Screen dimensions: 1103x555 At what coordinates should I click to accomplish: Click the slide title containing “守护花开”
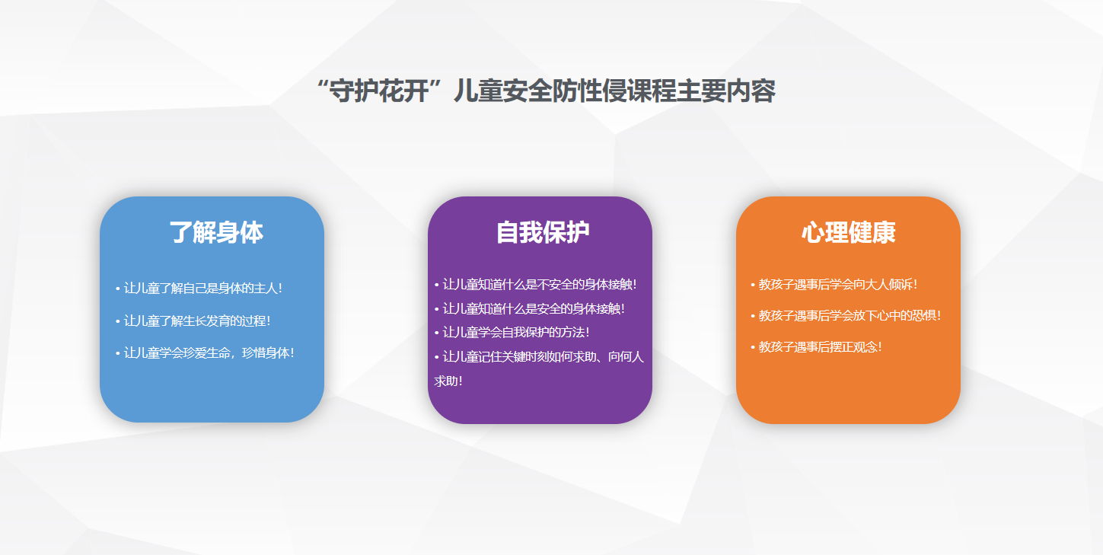tap(546, 91)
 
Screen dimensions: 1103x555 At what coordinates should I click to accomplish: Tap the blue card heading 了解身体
tap(216, 232)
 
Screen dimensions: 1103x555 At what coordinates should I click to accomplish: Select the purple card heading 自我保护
tap(543, 232)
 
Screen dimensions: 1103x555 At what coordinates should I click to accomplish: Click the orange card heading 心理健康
tap(849, 232)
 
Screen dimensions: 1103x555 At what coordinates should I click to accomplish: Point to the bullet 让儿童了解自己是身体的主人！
tap(199, 288)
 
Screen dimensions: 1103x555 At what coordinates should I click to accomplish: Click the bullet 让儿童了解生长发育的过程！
tap(193, 321)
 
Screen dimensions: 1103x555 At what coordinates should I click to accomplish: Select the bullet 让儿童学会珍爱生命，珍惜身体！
tap(205, 353)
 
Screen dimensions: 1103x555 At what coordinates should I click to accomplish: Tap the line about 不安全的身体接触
tap(536, 284)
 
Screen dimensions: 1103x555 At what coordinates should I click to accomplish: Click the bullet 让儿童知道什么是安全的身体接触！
tap(530, 309)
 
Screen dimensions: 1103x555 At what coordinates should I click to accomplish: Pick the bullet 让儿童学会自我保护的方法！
tap(512, 333)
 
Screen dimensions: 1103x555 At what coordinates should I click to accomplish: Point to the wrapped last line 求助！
tap(448, 381)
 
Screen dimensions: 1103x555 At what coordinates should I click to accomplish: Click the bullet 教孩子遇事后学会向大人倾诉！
tap(834, 284)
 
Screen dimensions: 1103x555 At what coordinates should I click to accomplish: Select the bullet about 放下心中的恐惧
tap(846, 315)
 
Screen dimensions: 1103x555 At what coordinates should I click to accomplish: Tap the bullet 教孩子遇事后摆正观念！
tap(817, 346)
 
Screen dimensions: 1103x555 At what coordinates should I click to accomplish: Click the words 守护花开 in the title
tap(378, 91)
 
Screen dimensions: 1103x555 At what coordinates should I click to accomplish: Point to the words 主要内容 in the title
tap(726, 91)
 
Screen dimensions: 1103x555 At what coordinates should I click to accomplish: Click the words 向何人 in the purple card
tap(626, 356)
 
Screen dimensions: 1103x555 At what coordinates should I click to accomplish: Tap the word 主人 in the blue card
tap(266, 288)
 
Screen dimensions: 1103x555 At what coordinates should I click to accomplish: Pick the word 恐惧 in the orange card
tap(925, 315)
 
